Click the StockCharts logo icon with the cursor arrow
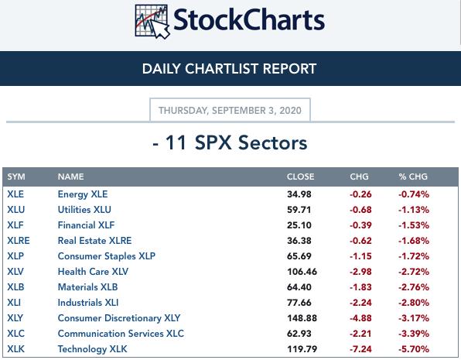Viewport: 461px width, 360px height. click(x=152, y=22)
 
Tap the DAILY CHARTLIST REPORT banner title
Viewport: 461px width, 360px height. click(x=229, y=69)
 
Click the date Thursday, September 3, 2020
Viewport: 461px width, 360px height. click(x=230, y=111)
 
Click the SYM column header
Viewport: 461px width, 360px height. click(x=16, y=177)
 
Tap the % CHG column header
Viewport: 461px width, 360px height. click(x=413, y=177)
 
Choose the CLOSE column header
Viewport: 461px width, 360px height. click(x=300, y=177)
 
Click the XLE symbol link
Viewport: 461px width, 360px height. click(x=15, y=194)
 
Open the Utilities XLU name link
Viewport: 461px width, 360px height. click(x=84, y=210)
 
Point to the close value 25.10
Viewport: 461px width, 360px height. click(x=299, y=225)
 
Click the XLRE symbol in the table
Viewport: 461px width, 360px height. click(x=19, y=241)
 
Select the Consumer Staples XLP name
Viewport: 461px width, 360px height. click(x=107, y=256)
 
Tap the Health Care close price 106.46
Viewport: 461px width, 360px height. click(x=302, y=272)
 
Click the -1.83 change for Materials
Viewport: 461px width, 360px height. click(x=360, y=287)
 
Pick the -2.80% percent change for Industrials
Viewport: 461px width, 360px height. click(x=414, y=303)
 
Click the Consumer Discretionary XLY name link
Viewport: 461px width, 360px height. click(x=119, y=318)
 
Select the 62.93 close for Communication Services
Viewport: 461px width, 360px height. click(x=299, y=334)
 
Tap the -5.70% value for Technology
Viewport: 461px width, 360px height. click(x=414, y=349)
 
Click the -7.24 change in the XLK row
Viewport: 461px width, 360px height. click(x=360, y=349)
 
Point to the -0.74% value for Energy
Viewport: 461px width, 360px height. click(x=414, y=194)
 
